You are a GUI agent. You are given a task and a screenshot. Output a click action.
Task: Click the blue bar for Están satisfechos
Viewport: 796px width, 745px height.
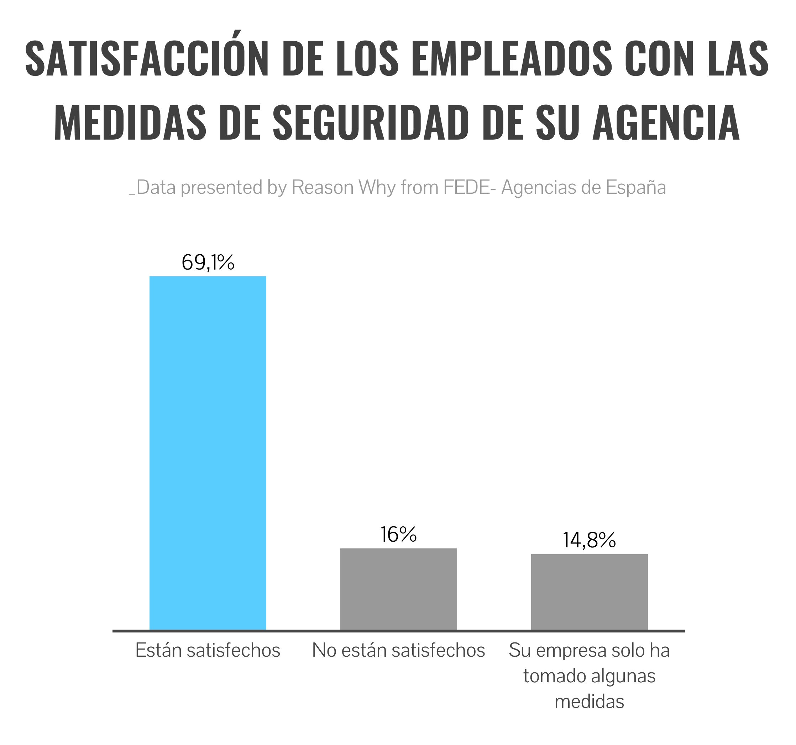[x=208, y=453]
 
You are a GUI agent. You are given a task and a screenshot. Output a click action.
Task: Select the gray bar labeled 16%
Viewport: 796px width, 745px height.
[x=398, y=589]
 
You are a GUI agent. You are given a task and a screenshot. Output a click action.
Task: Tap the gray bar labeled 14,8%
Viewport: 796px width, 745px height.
[x=589, y=592]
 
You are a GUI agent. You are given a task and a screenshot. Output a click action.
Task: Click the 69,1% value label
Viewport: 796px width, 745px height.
[x=208, y=263]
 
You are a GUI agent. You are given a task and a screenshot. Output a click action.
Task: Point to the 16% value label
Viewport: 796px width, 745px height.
[x=398, y=535]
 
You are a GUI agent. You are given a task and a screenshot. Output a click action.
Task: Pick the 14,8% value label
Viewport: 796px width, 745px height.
[x=589, y=540]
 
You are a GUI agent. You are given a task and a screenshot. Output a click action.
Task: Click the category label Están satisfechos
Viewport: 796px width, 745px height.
[x=208, y=650]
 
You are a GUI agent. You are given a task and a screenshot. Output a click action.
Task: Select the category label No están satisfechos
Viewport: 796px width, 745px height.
[x=398, y=650]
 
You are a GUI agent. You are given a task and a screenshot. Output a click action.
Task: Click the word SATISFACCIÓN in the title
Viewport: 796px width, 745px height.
[x=147, y=58]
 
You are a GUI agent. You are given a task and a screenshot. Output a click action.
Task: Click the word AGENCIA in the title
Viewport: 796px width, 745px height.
[x=665, y=123]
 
